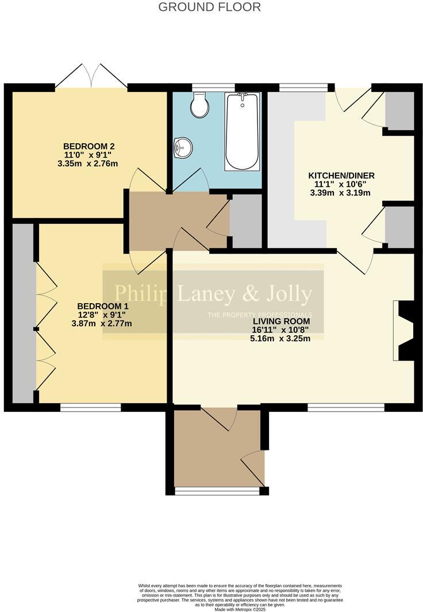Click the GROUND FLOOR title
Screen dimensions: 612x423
(209, 7)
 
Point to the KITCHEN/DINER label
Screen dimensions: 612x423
(340, 175)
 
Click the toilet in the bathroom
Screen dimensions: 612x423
(200, 106)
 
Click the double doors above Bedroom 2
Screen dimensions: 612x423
(91, 76)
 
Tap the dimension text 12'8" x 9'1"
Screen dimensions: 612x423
(102, 315)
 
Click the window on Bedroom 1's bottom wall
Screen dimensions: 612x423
(90, 408)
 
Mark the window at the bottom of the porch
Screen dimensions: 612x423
(217, 491)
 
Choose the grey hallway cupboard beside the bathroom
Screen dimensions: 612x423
(245, 221)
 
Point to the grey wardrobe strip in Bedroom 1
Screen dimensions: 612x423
(23, 313)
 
